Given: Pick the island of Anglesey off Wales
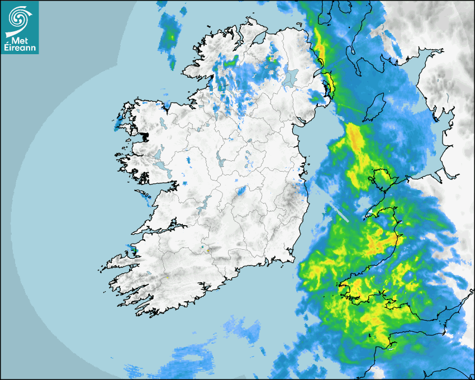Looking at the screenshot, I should pos(381,180).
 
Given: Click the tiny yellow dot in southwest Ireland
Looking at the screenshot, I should pos(167,277).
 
